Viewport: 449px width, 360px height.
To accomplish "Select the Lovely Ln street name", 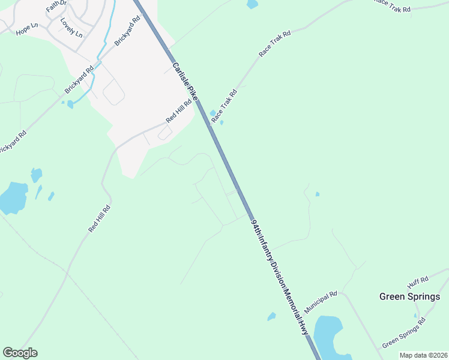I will tap(71, 27).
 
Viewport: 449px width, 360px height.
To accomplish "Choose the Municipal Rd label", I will tap(321, 301).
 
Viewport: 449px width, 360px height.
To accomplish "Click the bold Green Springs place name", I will tap(410, 296).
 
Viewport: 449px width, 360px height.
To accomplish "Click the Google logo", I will tap(20, 353).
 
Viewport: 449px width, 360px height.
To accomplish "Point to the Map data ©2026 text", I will tap(423, 355).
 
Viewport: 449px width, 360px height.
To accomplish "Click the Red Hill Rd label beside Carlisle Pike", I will tap(179, 111).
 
